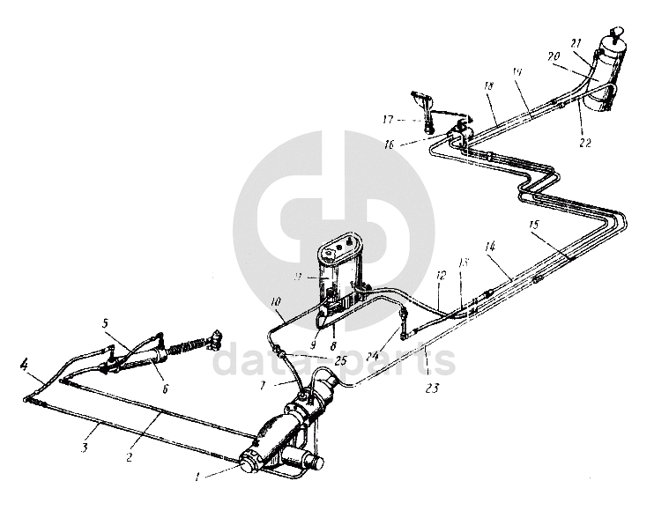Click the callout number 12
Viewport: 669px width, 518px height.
click(x=440, y=277)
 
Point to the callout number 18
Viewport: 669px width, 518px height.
click(x=488, y=85)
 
